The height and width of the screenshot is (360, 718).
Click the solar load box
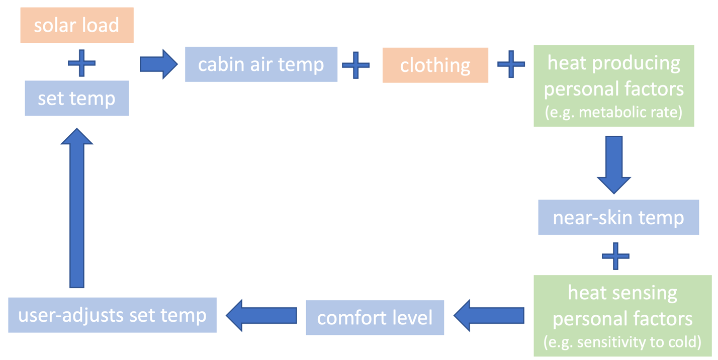(x=77, y=25)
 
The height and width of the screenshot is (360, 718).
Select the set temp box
(x=77, y=98)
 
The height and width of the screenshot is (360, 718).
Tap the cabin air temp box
(x=261, y=64)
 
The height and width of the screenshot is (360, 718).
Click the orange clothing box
(x=435, y=65)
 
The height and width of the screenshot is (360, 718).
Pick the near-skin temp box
(x=618, y=218)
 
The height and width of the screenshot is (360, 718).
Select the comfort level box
(x=375, y=318)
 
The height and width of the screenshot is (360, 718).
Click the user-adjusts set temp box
(x=113, y=315)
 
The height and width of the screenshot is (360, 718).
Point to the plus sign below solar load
(x=81, y=63)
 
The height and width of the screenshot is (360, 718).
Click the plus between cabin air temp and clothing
(x=356, y=65)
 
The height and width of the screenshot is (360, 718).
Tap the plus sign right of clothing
(x=511, y=64)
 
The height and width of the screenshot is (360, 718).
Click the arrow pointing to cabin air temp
(x=158, y=64)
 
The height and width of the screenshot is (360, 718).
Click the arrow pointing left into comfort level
(x=489, y=316)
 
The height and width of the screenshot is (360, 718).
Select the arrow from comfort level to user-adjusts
(x=261, y=316)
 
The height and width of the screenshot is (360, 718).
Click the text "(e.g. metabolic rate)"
(x=613, y=112)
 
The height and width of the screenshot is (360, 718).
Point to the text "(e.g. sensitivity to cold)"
(x=622, y=342)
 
